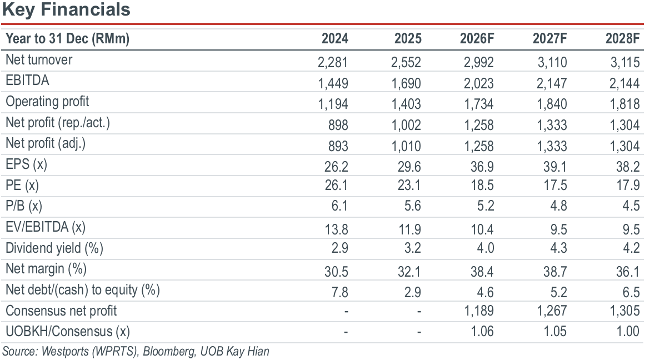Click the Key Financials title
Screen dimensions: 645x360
pyautogui.click(x=66, y=9)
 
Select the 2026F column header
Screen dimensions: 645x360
pyautogui.click(x=477, y=39)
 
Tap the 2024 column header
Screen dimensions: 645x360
pyautogui.click(x=335, y=39)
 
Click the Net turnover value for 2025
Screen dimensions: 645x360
pyautogui.click(x=406, y=62)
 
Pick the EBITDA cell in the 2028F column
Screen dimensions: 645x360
pyautogui.click(x=624, y=83)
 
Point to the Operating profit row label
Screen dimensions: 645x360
pyautogui.click(x=47, y=102)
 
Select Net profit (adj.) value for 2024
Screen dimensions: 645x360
pyautogui.click(x=338, y=146)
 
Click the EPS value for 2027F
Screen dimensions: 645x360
pyautogui.click(x=555, y=167)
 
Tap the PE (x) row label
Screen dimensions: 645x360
pyautogui.click(x=22, y=186)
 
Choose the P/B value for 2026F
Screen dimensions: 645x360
pyautogui.click(x=486, y=206)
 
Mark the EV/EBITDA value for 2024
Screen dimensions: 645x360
pyautogui.click(x=337, y=229)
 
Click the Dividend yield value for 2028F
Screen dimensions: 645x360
pyautogui.click(x=632, y=248)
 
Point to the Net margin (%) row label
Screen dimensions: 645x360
pyautogui.click(x=46, y=269)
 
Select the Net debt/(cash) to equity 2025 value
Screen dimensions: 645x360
pyautogui.click(x=413, y=292)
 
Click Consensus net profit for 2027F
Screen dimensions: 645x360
pyautogui.click(x=552, y=311)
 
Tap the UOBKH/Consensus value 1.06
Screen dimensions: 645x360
pyautogui.click(x=482, y=331)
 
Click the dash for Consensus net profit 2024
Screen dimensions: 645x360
pyautogui.click(x=346, y=312)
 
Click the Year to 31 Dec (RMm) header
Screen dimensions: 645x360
pyautogui.click(x=67, y=39)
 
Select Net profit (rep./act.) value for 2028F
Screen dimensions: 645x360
pyautogui.click(x=624, y=125)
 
